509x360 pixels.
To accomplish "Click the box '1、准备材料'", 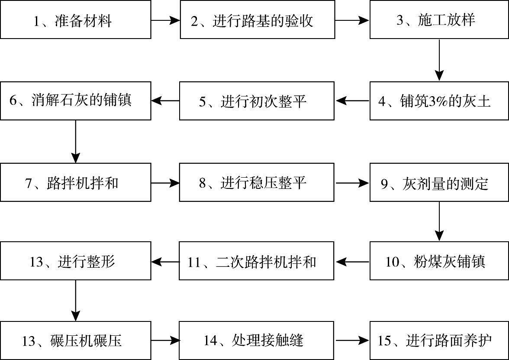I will coord(76,20).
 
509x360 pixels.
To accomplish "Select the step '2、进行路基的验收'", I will coord(257,20).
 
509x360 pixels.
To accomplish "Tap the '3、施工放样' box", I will coord(439,20).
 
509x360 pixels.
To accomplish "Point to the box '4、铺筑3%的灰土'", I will coord(439,101).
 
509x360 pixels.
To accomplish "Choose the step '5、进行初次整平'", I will coord(257,101).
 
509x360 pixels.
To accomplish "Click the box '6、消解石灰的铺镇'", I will coord(76,101).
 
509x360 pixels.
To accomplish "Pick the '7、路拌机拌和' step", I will coord(76,182).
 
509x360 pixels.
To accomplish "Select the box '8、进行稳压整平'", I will coord(257,182).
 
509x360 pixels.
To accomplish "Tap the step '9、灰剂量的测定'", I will coord(439,182).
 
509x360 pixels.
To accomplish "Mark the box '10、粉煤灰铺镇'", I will coord(439,261).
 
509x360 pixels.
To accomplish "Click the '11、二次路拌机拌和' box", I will coord(257,261).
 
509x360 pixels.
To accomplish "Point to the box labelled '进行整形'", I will coord(76,261).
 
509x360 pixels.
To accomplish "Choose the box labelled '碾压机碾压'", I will coord(76,341).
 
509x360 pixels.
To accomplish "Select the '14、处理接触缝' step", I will coord(257,341).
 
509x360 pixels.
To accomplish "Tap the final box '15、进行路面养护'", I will coord(439,341).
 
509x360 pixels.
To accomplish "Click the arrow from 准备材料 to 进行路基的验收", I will coord(165,20).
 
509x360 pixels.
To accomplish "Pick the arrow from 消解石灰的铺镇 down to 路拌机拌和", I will coord(76,141).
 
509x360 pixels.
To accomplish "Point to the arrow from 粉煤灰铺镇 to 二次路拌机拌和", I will coord(352,261).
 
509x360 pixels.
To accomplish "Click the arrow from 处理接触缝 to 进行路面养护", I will coord(352,341).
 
